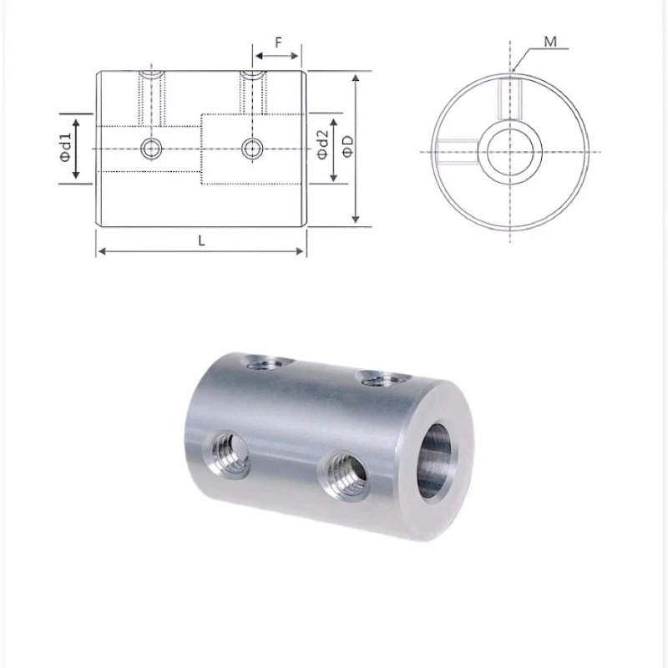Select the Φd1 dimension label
click(x=64, y=149)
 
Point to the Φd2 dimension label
click(x=321, y=149)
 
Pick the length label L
click(x=202, y=240)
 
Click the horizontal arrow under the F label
click(x=276, y=57)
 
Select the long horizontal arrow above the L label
click(x=202, y=251)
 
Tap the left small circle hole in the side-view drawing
click(x=151, y=149)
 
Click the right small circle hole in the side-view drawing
click(x=252, y=149)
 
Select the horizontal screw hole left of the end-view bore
click(x=455, y=149)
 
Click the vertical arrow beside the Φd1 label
click(x=77, y=149)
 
